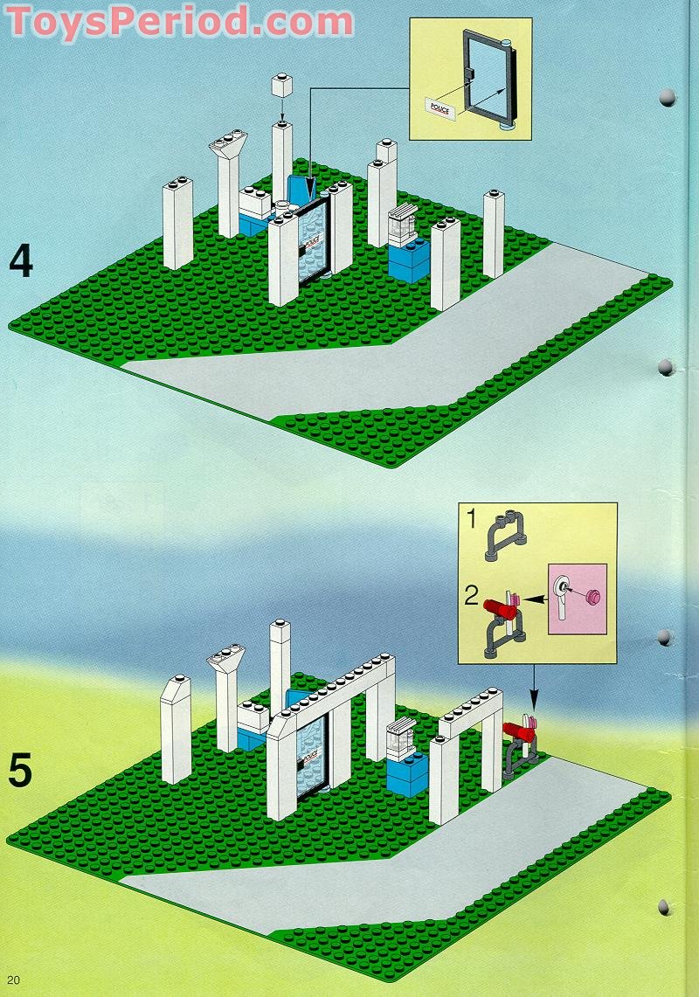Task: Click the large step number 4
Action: pos(21,261)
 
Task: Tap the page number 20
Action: pos(14,980)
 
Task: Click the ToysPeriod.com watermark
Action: pos(179,20)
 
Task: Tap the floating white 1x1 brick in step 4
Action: pos(281,84)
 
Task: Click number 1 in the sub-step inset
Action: pos(471,518)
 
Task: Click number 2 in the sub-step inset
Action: pos(471,596)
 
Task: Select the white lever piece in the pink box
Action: pos(563,597)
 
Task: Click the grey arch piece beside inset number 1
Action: pos(506,536)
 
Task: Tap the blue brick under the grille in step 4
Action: pos(408,260)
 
